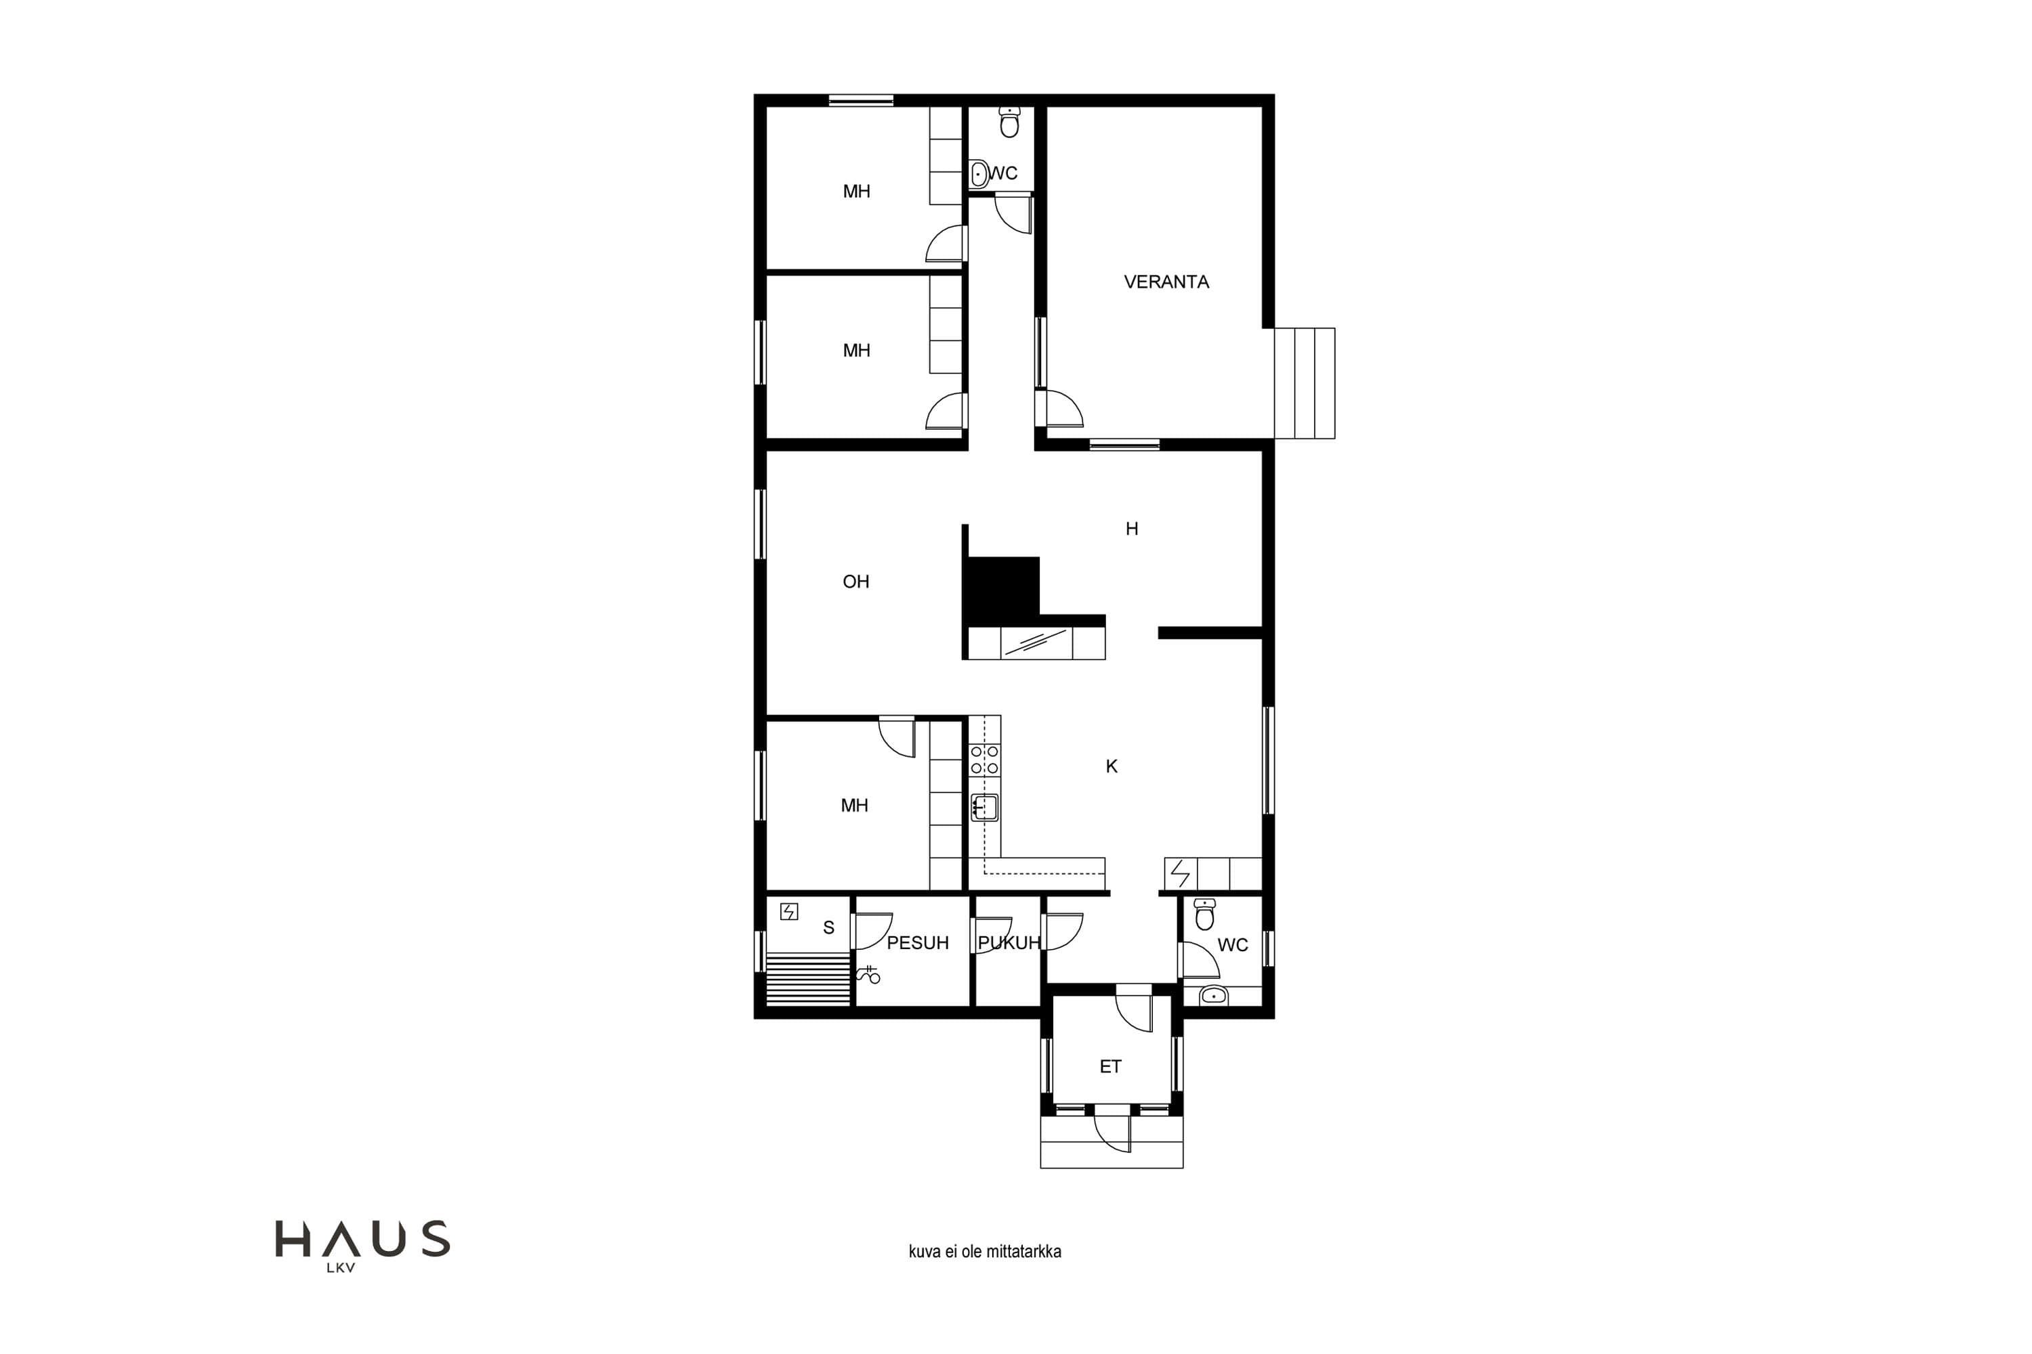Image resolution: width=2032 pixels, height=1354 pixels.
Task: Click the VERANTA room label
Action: pyautogui.click(x=1166, y=282)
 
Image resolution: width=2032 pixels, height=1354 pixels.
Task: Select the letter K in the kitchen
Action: pyautogui.click(x=1112, y=766)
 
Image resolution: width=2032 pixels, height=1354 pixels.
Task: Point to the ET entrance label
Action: pyautogui.click(x=1110, y=1066)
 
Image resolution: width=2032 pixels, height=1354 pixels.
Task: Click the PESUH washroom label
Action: pyautogui.click(x=918, y=943)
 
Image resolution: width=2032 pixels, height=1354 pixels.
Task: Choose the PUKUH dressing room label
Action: pyautogui.click(x=1009, y=943)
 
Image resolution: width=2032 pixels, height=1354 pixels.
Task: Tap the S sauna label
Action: pyautogui.click(x=828, y=927)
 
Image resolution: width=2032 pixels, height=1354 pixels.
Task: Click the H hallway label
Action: pyautogui.click(x=1132, y=529)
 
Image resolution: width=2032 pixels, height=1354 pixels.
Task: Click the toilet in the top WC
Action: pyautogui.click(x=1009, y=122)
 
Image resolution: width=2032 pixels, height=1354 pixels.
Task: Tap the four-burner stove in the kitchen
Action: pyautogui.click(x=985, y=760)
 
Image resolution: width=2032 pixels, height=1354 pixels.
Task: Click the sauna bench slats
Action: pyautogui.click(x=808, y=978)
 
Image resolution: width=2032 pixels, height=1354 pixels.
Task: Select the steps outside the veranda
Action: pyautogui.click(x=1305, y=383)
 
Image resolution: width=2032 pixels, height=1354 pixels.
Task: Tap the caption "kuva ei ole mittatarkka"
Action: pyautogui.click(x=985, y=1251)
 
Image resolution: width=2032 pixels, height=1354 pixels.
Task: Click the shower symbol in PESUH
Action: pyautogui.click(x=868, y=975)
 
